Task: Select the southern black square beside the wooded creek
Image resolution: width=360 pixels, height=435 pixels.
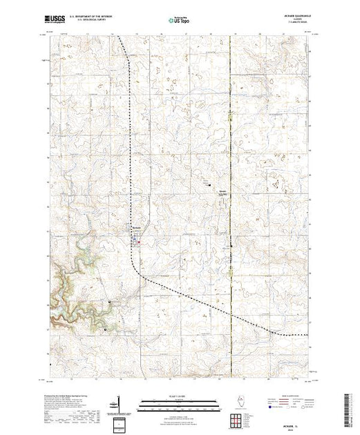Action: (x=104, y=329)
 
